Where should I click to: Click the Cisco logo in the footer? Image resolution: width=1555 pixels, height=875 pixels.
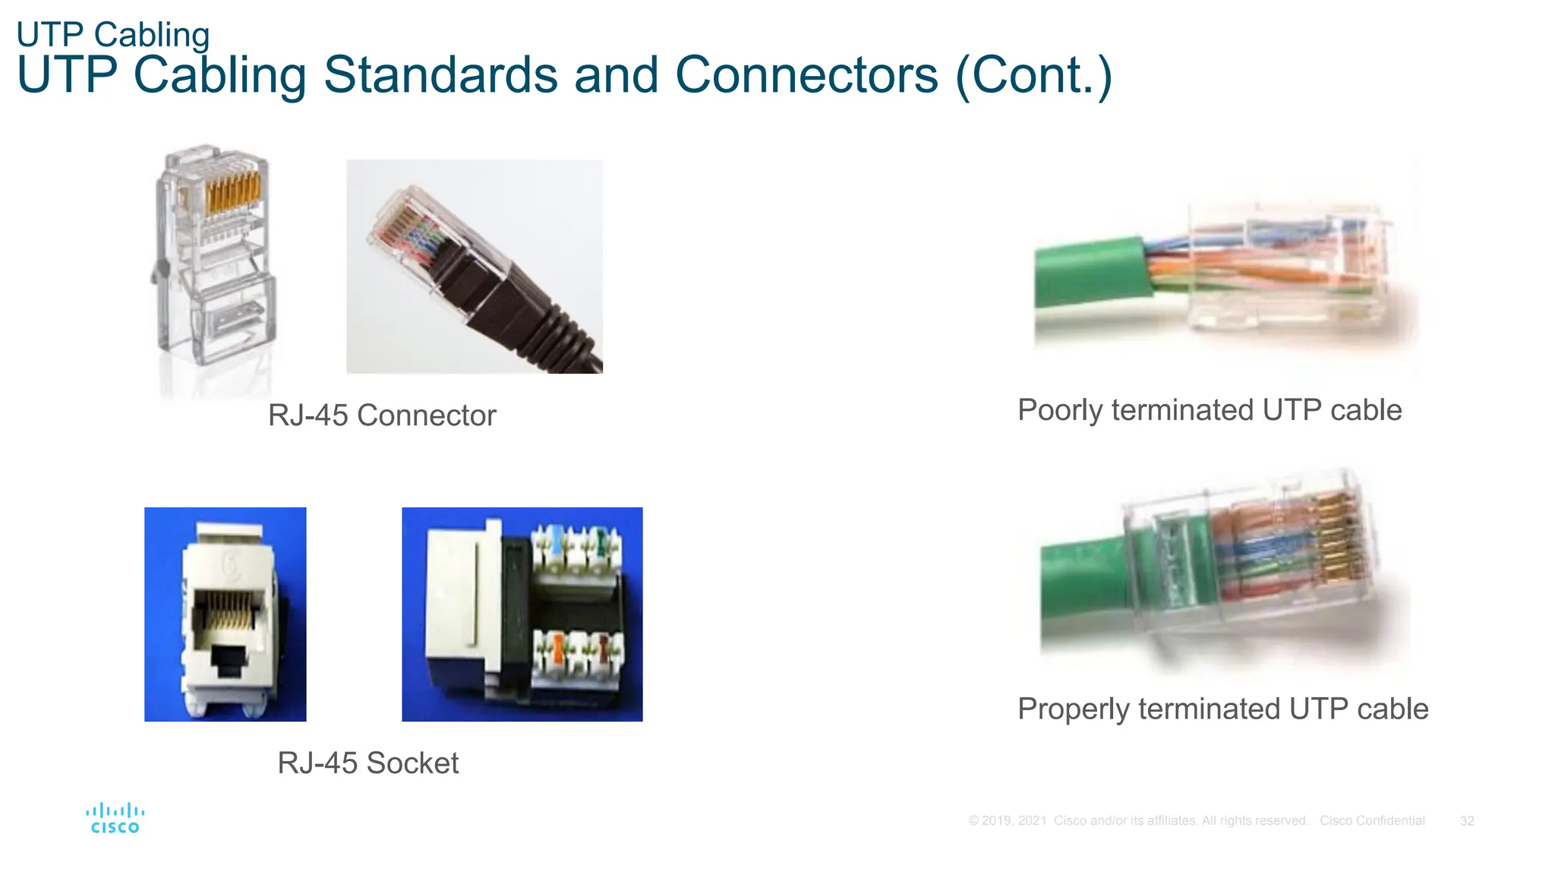(x=115, y=818)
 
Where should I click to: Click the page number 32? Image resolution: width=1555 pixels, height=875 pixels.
(x=1467, y=821)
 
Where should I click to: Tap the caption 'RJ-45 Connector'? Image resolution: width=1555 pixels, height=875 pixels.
(x=382, y=415)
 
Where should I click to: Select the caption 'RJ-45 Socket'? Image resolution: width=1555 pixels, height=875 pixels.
(x=367, y=763)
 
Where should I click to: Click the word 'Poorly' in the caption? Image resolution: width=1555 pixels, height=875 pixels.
(x=1060, y=410)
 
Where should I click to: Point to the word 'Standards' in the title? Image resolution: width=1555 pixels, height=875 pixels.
(x=440, y=75)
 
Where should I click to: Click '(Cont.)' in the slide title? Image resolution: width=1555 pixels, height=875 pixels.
(x=1033, y=75)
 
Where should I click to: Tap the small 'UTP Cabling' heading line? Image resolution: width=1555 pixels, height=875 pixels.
(x=113, y=35)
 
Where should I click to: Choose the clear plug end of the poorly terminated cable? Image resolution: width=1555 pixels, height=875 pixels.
(x=1291, y=266)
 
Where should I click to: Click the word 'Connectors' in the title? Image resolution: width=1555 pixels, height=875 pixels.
(x=806, y=75)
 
